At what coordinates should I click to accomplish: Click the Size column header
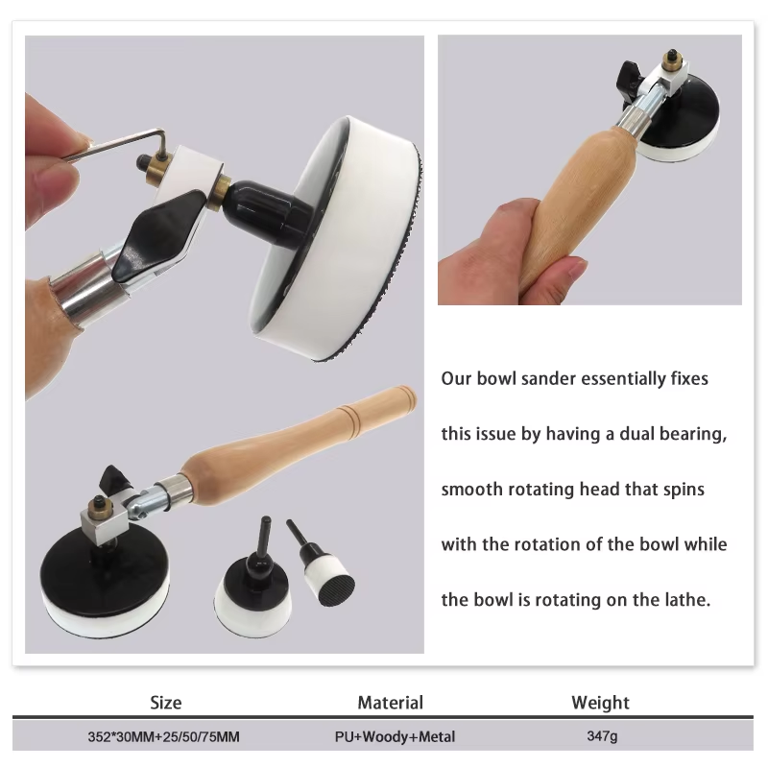pyautogui.click(x=165, y=703)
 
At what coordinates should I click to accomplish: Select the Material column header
pyautogui.click(x=391, y=703)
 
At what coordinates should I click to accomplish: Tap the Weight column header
pyautogui.click(x=601, y=703)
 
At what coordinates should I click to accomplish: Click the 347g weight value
pyautogui.click(x=602, y=736)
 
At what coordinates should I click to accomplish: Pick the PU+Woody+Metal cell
pyautogui.click(x=395, y=736)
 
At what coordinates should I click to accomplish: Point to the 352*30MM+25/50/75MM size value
pyautogui.click(x=163, y=736)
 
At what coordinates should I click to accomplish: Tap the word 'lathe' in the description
pyautogui.click(x=689, y=599)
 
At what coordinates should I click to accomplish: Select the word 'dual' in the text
pyautogui.click(x=637, y=434)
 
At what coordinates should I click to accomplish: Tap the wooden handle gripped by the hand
pyautogui.click(x=578, y=205)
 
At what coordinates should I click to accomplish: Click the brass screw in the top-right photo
pyautogui.click(x=670, y=59)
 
